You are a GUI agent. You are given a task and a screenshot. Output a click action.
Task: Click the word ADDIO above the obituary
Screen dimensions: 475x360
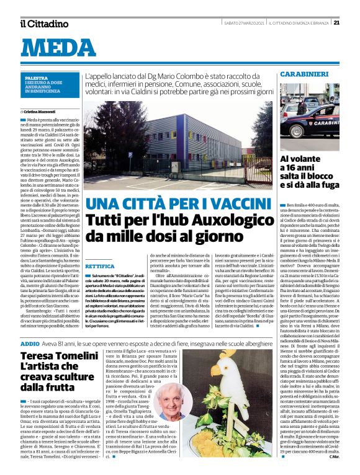pos(30,344)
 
